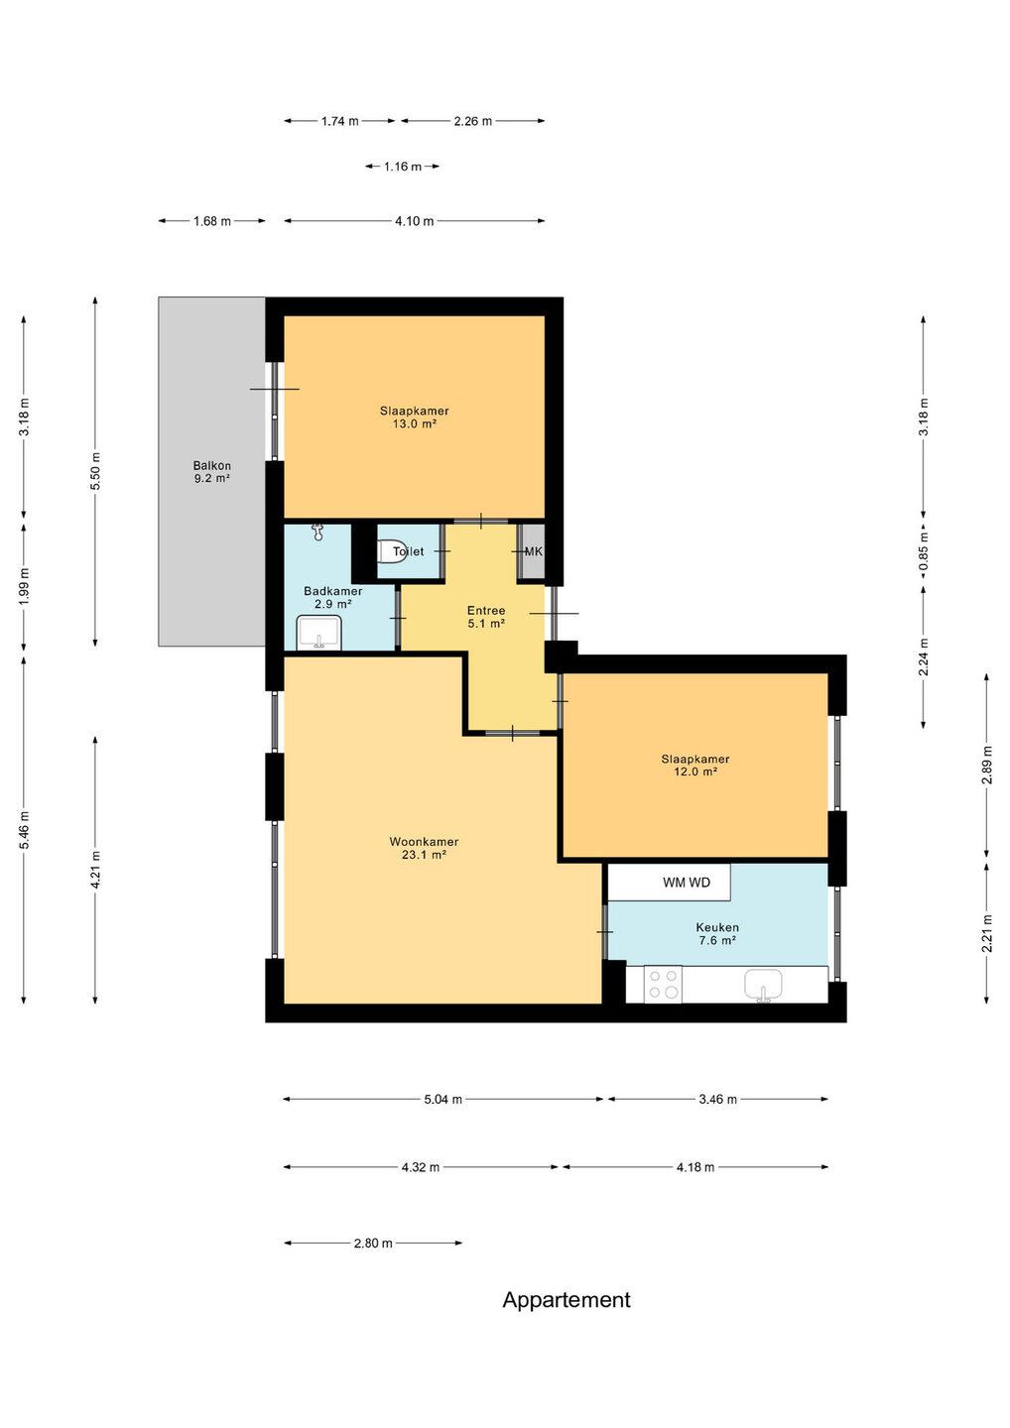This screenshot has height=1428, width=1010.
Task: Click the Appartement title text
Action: (x=567, y=1300)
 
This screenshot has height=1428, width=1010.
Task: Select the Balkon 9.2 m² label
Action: (x=212, y=472)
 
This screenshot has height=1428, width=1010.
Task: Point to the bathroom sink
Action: (x=319, y=633)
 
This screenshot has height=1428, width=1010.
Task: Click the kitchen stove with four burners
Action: (x=663, y=985)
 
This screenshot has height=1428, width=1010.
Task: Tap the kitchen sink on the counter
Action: (x=763, y=985)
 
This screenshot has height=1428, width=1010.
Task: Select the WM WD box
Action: (x=669, y=883)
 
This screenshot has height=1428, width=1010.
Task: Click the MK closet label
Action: (x=533, y=551)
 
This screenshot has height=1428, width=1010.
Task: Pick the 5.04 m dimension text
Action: (x=443, y=1099)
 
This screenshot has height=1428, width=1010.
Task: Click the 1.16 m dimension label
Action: (x=403, y=167)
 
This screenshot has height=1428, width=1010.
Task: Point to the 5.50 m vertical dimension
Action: (x=95, y=471)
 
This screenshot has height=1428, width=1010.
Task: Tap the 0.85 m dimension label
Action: (x=924, y=551)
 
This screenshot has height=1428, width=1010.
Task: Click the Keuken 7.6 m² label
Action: (x=717, y=934)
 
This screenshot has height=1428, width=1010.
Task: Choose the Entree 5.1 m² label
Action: (x=486, y=617)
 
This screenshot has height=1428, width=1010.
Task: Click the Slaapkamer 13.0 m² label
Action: (x=415, y=417)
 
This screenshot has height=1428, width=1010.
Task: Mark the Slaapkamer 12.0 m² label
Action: (x=695, y=765)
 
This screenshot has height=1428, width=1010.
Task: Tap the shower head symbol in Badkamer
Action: (x=318, y=533)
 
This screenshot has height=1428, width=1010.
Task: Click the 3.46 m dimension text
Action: (x=718, y=1099)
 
